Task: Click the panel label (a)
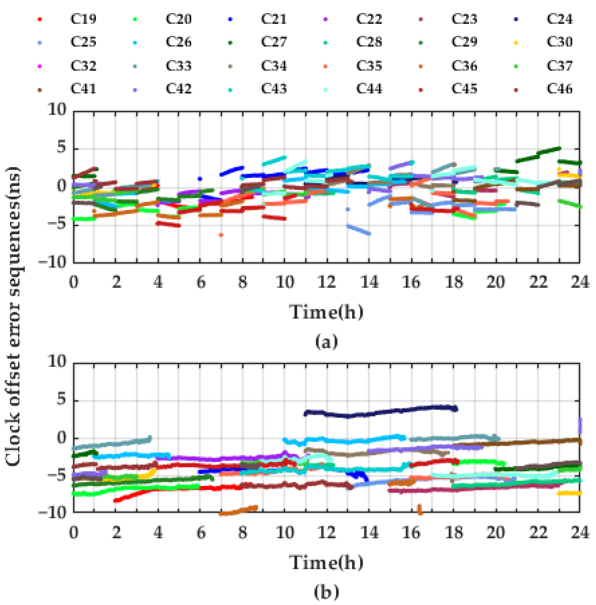tap(326, 341)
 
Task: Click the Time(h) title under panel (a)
tap(326, 312)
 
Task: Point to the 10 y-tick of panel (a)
tap(57, 110)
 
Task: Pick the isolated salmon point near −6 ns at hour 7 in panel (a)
tap(221, 235)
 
